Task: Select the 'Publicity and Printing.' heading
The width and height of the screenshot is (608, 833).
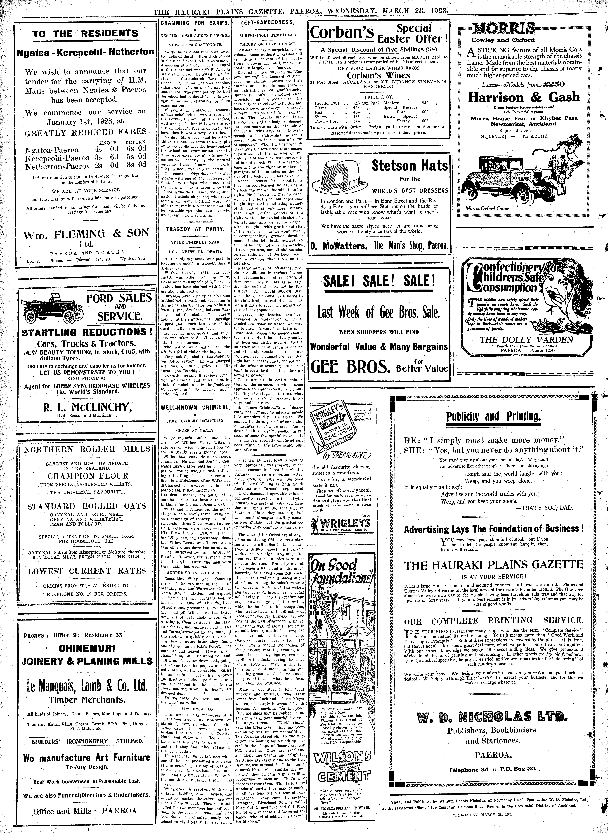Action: click(x=493, y=417)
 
